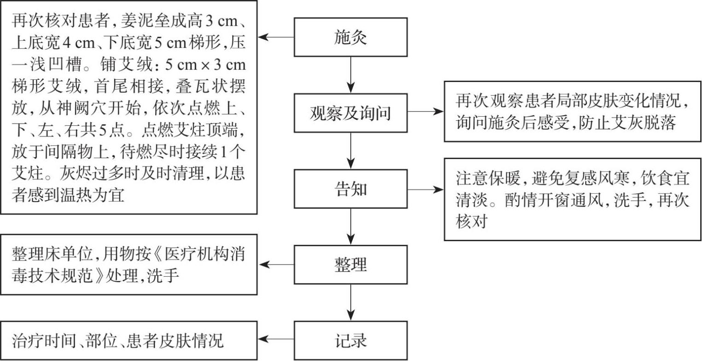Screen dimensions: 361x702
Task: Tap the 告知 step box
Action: pos(351,189)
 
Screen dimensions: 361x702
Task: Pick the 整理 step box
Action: pos(351,264)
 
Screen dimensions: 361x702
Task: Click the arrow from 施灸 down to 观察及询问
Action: pos(351,73)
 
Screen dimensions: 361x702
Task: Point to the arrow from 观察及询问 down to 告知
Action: pos(351,150)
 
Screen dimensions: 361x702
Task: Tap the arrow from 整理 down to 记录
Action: pos(351,302)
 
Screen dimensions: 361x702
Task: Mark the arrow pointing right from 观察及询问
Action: pos(425,112)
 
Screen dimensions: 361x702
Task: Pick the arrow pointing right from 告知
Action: pos(425,189)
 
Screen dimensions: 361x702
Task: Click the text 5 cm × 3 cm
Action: pos(205,65)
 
